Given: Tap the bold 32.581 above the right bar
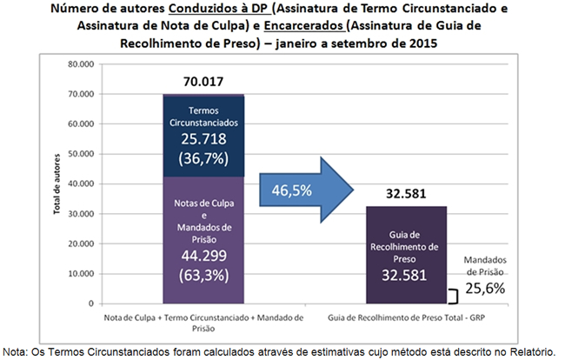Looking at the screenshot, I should (x=407, y=194).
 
